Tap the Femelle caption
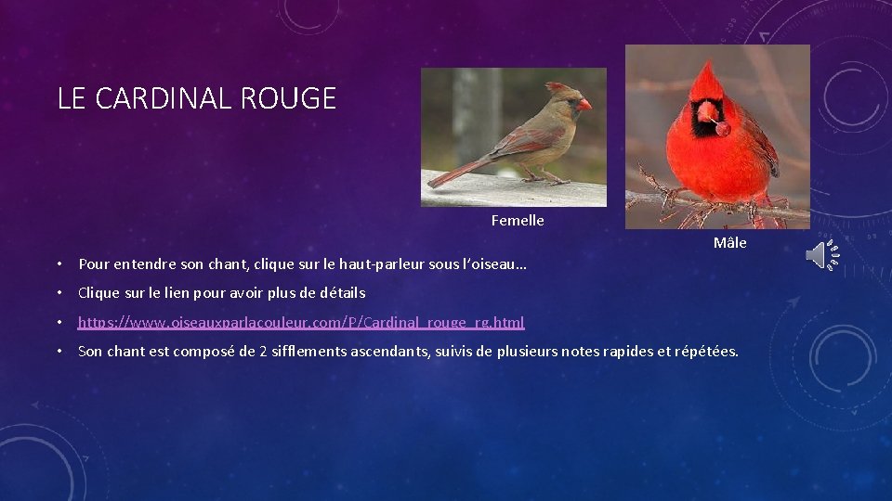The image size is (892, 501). point(518,221)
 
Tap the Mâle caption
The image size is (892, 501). point(729,243)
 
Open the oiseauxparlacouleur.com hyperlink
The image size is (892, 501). point(301,323)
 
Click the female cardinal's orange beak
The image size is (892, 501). point(584,105)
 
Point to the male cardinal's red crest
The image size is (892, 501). point(709,80)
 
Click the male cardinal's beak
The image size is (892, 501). point(708,112)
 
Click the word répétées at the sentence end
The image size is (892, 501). point(705,352)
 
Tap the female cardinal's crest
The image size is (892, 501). point(557,86)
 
